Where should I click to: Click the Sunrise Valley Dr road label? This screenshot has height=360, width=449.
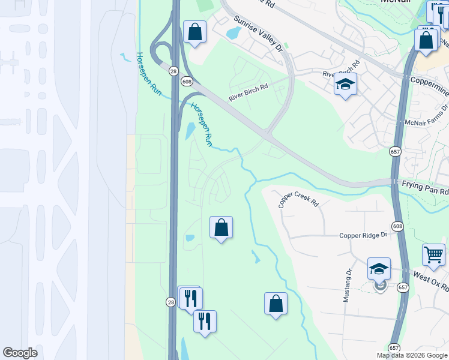258,34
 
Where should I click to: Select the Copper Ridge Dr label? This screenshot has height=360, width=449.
364,236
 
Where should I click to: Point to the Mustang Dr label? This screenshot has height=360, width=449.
348,285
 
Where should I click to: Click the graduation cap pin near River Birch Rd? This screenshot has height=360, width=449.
345,85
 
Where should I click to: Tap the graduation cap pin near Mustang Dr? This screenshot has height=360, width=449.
379,269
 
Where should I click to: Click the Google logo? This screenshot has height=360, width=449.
20,353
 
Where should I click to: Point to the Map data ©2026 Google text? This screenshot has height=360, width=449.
411,355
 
